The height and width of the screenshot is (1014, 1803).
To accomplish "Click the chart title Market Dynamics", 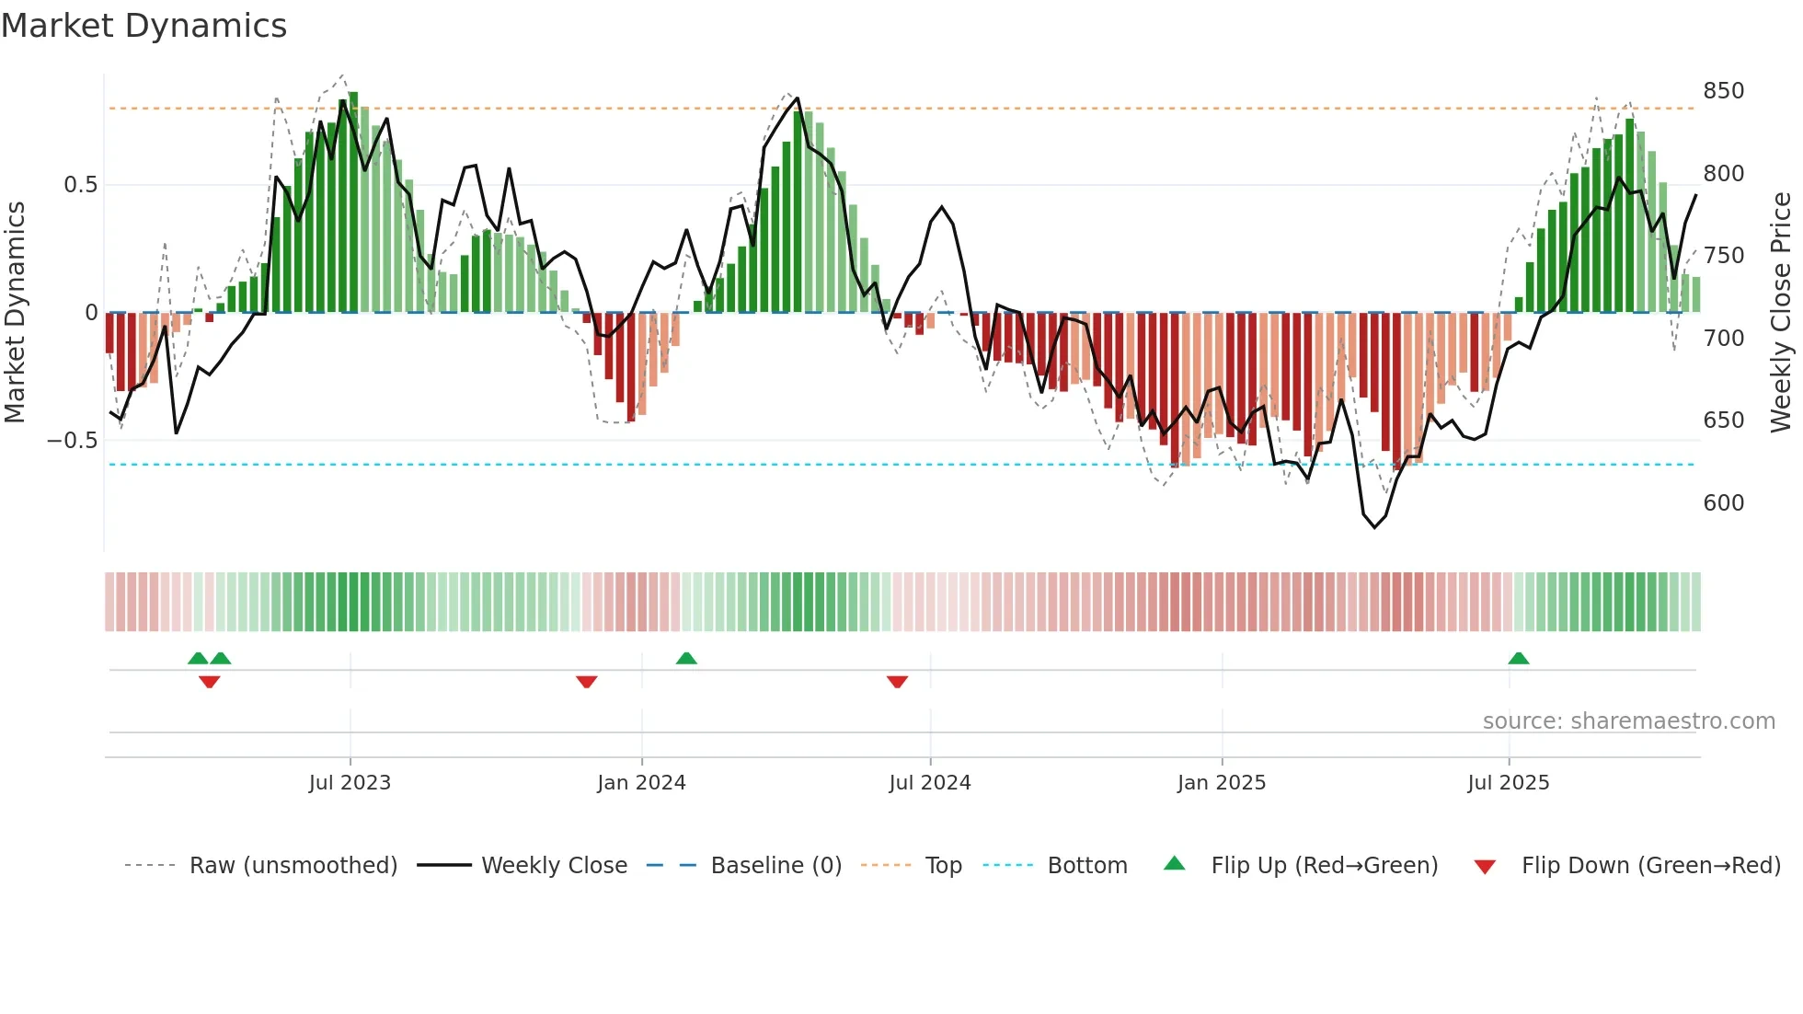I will (x=144, y=26).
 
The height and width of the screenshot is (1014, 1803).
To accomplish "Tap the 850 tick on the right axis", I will (x=1723, y=91).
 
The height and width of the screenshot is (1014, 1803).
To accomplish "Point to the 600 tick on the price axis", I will (x=1723, y=503).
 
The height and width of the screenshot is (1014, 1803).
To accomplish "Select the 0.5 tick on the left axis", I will (x=80, y=185).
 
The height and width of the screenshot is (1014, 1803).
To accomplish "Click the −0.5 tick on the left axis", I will (x=73, y=441).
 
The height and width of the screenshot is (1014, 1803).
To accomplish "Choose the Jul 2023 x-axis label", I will (x=350, y=783).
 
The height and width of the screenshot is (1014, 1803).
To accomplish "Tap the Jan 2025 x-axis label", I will (x=1222, y=783).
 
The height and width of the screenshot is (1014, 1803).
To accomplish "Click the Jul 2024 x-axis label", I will (x=930, y=783).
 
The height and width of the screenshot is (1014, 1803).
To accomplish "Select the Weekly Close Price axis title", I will (x=1781, y=313).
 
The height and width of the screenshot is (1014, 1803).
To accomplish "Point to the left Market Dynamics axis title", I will (x=15, y=313).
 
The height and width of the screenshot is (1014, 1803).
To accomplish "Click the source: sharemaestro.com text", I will (x=1628, y=721).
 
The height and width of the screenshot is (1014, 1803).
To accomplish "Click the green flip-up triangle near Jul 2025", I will (x=1519, y=659).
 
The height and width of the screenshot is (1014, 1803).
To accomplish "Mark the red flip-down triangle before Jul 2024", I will (x=898, y=681).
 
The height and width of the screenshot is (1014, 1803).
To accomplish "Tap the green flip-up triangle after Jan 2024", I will (x=686, y=659).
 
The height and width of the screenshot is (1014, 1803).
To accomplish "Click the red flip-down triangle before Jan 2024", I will (x=587, y=681).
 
